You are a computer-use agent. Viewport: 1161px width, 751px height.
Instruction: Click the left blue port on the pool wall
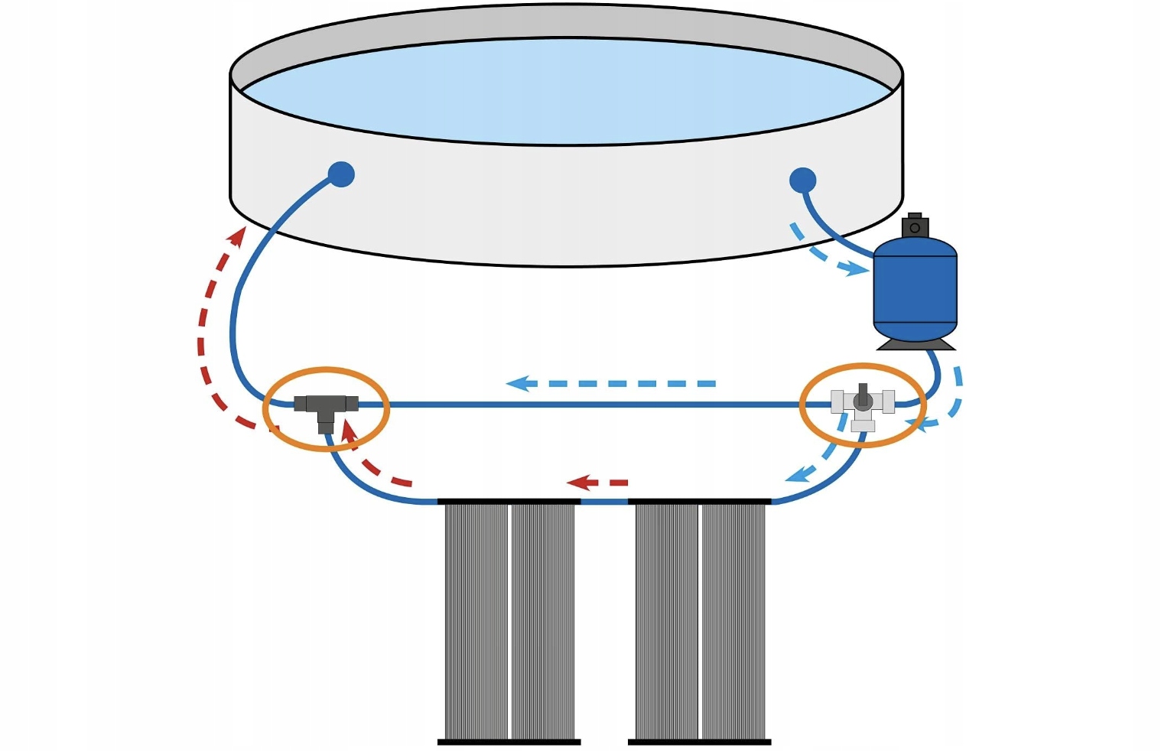[x=341, y=174]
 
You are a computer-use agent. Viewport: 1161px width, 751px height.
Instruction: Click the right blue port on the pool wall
[x=802, y=180]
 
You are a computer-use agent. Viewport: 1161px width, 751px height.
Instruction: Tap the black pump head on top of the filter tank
[x=915, y=226]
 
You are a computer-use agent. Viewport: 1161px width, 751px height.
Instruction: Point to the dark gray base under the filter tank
[x=915, y=345]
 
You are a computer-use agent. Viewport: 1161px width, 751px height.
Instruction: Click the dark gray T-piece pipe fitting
[x=326, y=405]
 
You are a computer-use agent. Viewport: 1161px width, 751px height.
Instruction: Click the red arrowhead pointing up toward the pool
[x=239, y=236]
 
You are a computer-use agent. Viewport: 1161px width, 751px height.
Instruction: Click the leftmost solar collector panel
[x=476, y=619]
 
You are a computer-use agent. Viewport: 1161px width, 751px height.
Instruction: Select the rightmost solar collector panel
[x=734, y=619]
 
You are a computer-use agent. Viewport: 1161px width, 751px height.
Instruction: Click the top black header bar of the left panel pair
[x=509, y=502]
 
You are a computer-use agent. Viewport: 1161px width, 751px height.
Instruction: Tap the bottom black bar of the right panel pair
[x=699, y=741]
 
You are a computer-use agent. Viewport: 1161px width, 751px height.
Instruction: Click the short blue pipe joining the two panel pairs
[x=604, y=502]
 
